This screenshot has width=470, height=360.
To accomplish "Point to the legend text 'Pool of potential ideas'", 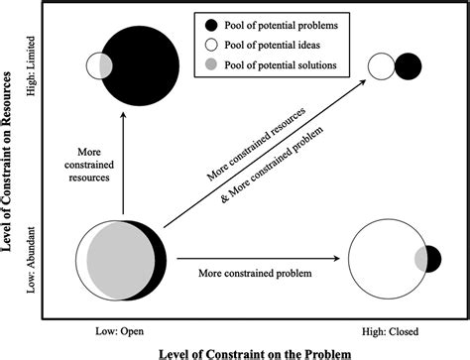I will click(288, 44).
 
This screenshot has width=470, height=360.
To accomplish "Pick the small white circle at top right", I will click(382, 65).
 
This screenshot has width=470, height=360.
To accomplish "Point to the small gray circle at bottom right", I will click(429, 260).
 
